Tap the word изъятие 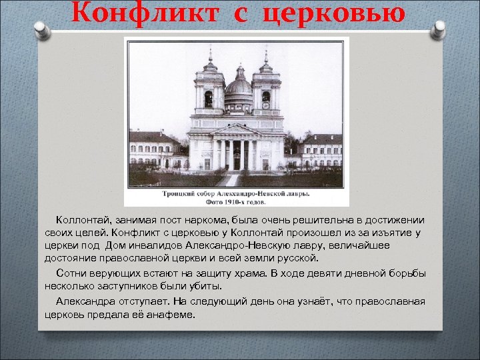(x=393, y=233)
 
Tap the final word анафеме (x=171, y=314)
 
